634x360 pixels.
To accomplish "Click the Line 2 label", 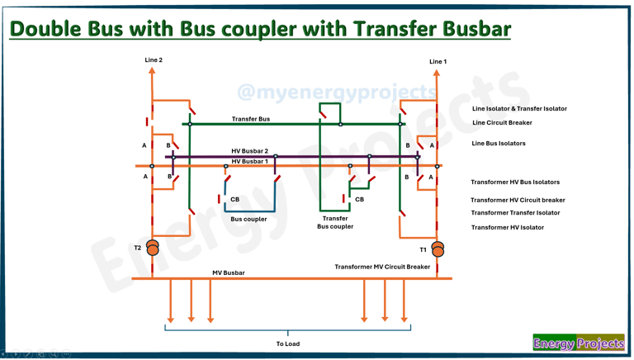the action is [154, 60].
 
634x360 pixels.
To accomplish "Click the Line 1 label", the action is [438, 62].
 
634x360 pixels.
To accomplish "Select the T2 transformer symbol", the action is [153, 248].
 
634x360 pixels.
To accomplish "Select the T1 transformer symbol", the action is [438, 249].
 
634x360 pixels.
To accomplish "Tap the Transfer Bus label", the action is [250, 120].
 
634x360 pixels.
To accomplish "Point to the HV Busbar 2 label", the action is [249, 152].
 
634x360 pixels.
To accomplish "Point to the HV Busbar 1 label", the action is [249, 162].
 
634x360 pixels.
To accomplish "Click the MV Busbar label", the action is [229, 273].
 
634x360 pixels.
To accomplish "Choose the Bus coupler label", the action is [248, 220].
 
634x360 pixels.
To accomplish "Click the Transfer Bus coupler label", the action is [335, 223].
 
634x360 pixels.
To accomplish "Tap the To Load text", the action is [287, 344].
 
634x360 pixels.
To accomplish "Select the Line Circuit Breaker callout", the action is [502, 123].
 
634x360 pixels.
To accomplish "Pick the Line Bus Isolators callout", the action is [499, 144].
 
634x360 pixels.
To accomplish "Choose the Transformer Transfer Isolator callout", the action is [515, 213].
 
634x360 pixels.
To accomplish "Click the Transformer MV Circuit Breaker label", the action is [382, 268].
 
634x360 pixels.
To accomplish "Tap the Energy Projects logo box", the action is [578, 343].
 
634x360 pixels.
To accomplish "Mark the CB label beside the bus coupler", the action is [235, 200].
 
